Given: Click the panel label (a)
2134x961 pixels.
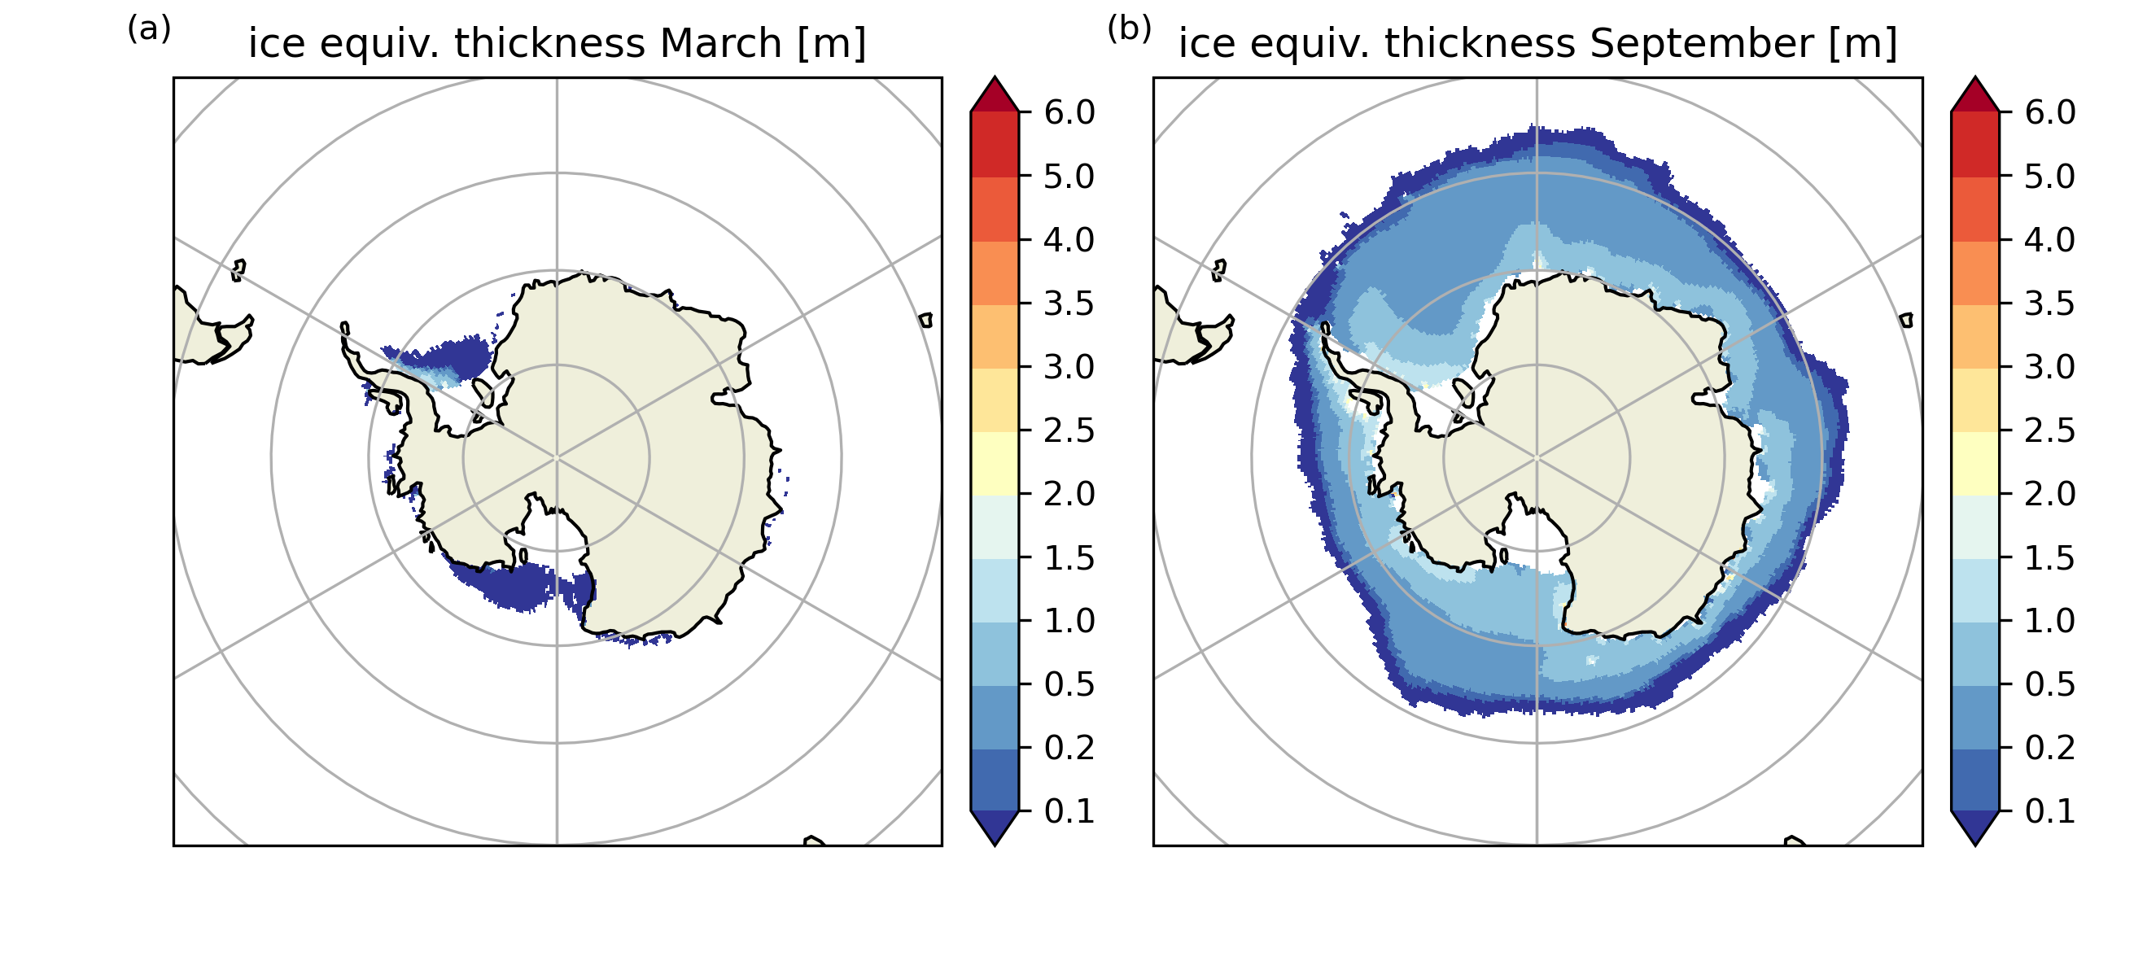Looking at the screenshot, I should click(x=149, y=29).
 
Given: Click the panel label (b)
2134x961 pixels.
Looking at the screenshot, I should click(x=1129, y=29).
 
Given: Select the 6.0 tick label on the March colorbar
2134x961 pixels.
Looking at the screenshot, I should click(x=1069, y=111).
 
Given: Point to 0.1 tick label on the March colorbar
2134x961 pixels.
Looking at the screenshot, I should click(x=1069, y=811).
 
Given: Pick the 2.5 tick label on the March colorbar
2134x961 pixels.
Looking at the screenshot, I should click(x=1069, y=430).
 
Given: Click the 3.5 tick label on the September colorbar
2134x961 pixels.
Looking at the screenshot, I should click(x=2049, y=304).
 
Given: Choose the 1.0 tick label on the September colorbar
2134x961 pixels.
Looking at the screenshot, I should click(x=2049, y=621).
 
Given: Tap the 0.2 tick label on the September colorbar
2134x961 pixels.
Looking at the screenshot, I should click(x=2049, y=747).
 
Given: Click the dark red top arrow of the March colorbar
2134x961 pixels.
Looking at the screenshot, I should click(x=995, y=95).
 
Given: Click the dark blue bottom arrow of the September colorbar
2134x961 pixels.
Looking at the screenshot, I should click(x=1976, y=826).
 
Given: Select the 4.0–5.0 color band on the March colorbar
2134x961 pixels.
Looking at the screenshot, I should click(x=995, y=209).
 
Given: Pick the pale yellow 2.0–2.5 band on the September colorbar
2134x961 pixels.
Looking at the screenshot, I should click(x=1976, y=463).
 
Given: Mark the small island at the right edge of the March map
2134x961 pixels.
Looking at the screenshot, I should click(x=926, y=320).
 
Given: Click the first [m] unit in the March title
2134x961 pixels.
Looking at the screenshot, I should click(x=831, y=43).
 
